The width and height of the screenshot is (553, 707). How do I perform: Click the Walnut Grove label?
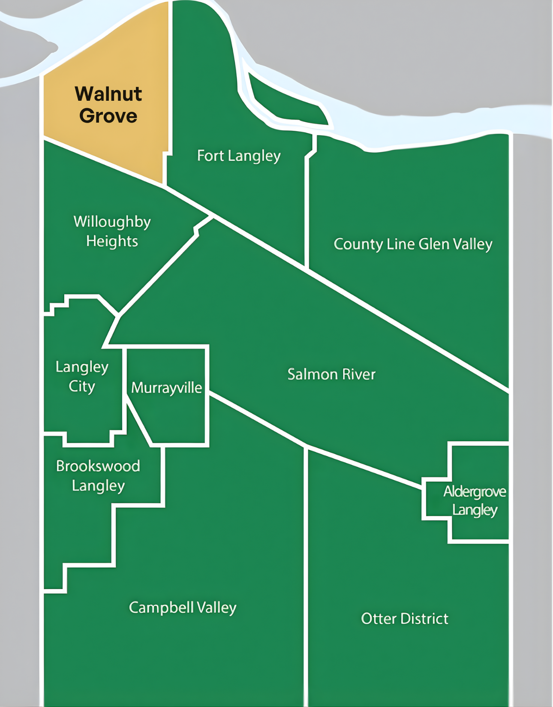point(108,105)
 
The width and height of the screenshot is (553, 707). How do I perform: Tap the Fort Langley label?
point(239,156)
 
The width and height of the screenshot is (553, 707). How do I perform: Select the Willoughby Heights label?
point(112,231)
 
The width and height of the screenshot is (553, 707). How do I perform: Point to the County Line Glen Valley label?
point(413,244)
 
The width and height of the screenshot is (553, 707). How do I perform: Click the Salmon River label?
point(331,374)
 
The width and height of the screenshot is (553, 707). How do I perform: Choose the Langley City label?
point(82,376)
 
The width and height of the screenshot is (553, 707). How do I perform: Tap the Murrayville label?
point(166,388)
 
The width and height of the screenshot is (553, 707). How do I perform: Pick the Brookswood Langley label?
point(98,475)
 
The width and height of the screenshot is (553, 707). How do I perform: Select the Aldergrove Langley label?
point(475,500)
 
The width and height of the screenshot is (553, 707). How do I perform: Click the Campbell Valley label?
point(183,608)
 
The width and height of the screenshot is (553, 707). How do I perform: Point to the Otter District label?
point(405,619)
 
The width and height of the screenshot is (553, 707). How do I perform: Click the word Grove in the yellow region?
point(108,116)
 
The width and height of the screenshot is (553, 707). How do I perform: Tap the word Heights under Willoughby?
point(112,241)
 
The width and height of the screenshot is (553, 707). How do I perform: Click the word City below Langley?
point(82,386)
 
